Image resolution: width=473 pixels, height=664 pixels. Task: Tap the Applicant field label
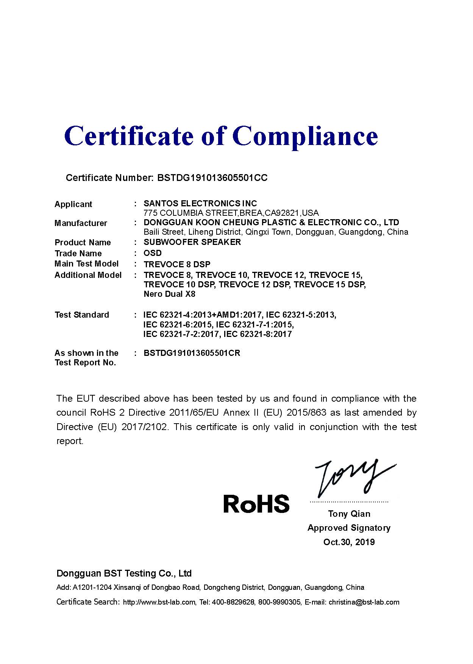pyautogui.click(x=73, y=204)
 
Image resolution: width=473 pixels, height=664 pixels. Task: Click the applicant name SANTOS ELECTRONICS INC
pyautogui.click(x=200, y=204)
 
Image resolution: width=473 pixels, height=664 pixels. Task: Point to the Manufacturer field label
pyautogui.click(x=81, y=223)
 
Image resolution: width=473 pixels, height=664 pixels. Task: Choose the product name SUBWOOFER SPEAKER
pyautogui.click(x=192, y=242)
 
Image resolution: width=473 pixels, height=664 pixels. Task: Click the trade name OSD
pyautogui.click(x=153, y=253)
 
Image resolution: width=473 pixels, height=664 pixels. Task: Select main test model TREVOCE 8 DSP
pyautogui.click(x=177, y=264)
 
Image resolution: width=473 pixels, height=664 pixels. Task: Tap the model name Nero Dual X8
pyautogui.click(x=169, y=294)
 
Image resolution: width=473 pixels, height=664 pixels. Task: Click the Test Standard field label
pyautogui.click(x=82, y=315)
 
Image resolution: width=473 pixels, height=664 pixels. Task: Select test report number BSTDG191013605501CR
pyautogui.click(x=192, y=353)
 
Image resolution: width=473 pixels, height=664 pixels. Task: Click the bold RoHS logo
pyautogui.click(x=256, y=504)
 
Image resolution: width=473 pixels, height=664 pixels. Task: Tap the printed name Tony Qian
pyautogui.click(x=349, y=514)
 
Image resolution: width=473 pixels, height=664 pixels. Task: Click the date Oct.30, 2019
pyautogui.click(x=349, y=542)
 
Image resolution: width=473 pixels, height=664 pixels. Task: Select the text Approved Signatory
pyautogui.click(x=349, y=528)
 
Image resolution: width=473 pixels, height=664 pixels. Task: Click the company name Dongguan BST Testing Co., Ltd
pyautogui.click(x=124, y=574)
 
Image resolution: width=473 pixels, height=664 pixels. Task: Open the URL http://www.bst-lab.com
pyautogui.click(x=159, y=602)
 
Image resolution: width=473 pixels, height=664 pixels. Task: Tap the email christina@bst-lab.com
pyautogui.click(x=364, y=602)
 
